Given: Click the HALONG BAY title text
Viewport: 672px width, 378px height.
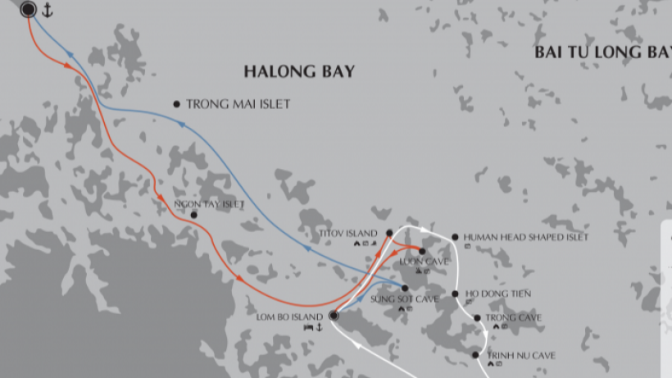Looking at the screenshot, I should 299,72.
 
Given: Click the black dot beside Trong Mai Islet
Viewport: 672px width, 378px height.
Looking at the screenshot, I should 176,104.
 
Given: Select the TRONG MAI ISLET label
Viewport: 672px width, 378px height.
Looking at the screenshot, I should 238,104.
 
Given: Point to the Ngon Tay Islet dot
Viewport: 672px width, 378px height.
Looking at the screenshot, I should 193,215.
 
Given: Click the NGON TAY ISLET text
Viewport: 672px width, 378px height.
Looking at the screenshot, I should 210,204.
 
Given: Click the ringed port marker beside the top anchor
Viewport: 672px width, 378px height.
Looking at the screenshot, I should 28,9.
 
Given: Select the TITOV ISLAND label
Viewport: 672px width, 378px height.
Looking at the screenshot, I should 349,234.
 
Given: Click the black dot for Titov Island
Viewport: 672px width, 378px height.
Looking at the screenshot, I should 389,234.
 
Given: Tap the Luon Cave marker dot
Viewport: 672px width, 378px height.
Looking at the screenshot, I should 422,251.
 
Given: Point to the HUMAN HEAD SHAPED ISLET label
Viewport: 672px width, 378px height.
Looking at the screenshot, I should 525,237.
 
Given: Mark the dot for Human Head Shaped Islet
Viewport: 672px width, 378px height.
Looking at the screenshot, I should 455,237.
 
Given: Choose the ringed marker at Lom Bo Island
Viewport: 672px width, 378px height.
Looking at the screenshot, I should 334,316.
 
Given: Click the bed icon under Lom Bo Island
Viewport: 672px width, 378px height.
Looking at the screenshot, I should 308,327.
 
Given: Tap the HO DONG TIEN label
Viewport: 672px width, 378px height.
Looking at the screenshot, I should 498,294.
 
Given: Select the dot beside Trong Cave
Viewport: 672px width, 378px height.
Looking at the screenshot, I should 477,317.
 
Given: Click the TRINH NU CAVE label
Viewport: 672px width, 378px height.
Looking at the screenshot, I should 521,355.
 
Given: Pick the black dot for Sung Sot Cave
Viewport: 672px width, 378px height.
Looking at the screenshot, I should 405,288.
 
